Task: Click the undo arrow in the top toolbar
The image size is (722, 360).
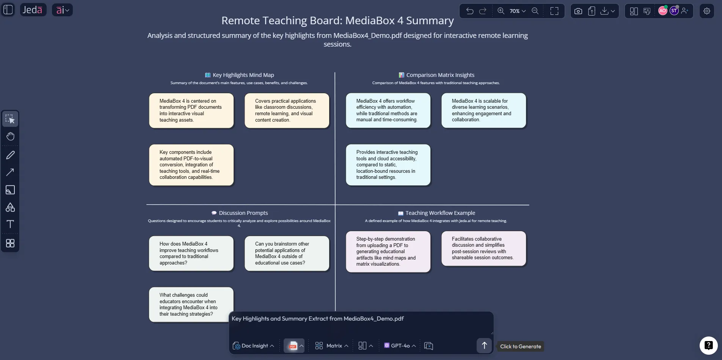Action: pos(469,11)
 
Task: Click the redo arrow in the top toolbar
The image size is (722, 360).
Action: pos(483,11)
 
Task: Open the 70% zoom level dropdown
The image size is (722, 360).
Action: pos(517,11)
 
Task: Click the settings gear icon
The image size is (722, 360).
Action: pos(706,11)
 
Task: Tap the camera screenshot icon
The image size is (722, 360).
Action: pos(578,11)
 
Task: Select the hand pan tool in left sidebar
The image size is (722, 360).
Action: pos(10,136)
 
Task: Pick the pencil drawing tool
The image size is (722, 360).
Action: pos(10,155)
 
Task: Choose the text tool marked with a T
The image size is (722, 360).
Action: pos(10,224)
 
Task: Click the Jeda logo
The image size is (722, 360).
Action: pos(33,10)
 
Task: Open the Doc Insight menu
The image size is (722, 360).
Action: pos(253,346)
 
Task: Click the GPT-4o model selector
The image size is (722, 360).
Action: pos(400,346)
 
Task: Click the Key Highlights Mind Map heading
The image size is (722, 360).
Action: pos(243,75)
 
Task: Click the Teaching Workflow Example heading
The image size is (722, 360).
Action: pos(440,213)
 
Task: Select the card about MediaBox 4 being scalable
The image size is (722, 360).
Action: pos(483,110)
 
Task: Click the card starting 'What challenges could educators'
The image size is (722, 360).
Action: pos(191,304)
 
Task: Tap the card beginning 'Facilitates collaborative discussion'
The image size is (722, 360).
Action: pos(483,248)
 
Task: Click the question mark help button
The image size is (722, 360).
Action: pos(708,345)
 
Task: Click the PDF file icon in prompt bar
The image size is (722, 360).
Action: pos(292,346)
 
